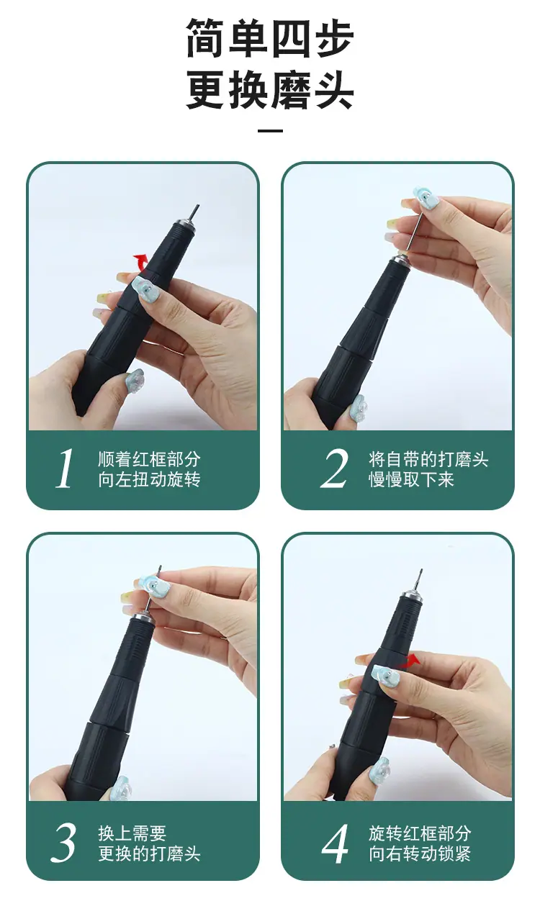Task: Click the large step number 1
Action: click(x=64, y=468)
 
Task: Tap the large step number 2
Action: click(x=334, y=468)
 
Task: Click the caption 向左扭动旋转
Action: click(x=149, y=479)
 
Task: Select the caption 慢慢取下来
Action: click(x=411, y=479)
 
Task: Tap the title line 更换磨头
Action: click(x=269, y=89)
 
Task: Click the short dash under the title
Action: click(x=270, y=131)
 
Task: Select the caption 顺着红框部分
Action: click(x=149, y=459)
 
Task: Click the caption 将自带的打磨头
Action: click(x=428, y=459)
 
